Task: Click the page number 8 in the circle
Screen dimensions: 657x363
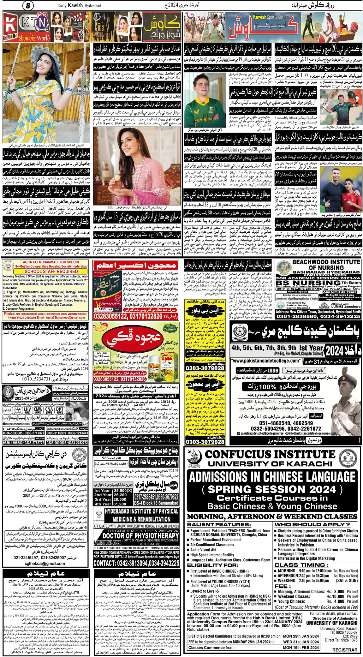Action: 28,5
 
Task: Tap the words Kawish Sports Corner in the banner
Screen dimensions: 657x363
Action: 271,17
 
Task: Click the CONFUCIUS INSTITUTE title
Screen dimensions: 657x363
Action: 270,454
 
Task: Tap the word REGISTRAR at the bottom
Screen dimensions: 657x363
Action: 345,650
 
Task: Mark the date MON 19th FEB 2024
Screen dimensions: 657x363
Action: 301,647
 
